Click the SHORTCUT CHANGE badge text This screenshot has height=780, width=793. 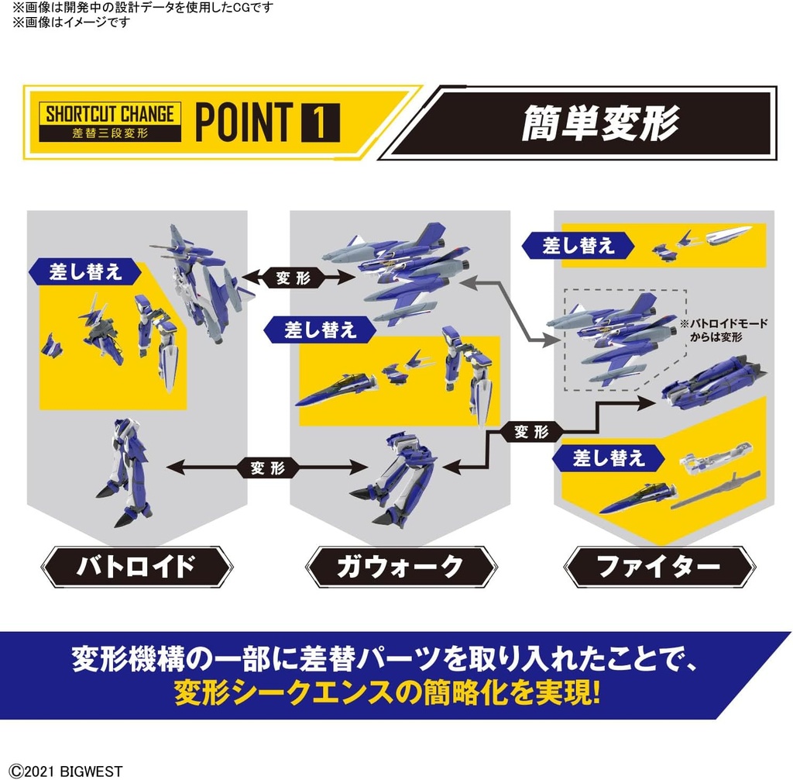109,113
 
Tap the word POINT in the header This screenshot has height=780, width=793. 242,121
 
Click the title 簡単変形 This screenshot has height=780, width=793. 599,122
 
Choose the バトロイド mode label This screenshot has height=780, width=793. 136,567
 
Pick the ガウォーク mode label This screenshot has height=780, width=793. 400,567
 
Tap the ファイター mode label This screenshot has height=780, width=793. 658,567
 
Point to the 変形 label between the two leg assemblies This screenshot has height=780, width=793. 267,468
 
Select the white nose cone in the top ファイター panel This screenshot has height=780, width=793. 724,234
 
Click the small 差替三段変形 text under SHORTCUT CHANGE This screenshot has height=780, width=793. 109,132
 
